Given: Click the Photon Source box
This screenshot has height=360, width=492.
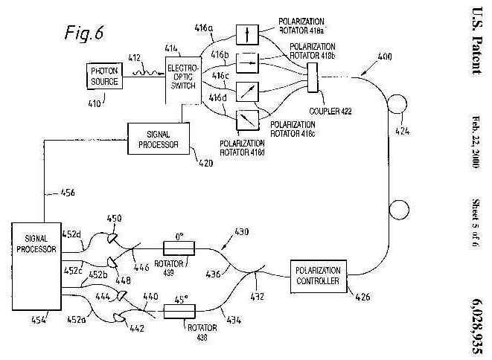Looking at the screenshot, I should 105,76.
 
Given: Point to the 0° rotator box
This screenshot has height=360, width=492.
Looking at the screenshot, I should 178,248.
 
